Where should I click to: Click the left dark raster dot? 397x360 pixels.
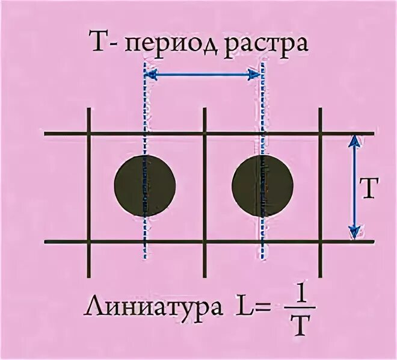pos(144,185)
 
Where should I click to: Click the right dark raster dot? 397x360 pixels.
pos(262,185)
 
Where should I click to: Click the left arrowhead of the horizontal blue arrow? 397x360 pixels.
pos(152,75)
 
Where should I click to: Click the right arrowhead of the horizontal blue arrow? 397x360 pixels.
pos(254,75)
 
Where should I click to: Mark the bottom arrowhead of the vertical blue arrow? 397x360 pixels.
pos(354,232)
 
